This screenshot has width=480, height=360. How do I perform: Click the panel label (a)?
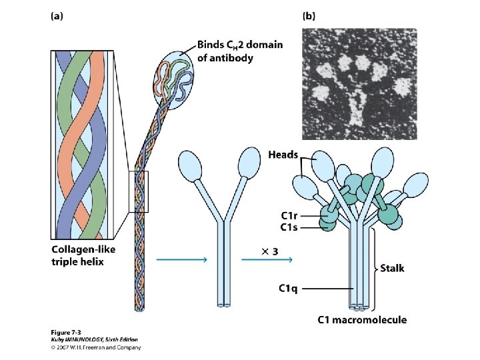[x=59, y=17]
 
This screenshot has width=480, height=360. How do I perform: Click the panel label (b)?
[x=310, y=17]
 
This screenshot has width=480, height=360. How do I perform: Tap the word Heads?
[x=283, y=155]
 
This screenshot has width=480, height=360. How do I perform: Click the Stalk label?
[x=392, y=269]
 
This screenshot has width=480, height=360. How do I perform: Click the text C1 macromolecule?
[x=361, y=320]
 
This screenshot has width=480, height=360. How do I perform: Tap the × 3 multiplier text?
[x=270, y=251]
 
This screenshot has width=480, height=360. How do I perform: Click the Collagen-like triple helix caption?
[x=78, y=255]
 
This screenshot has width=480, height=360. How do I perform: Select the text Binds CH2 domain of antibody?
[x=239, y=51]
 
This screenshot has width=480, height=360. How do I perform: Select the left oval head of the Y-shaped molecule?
[x=189, y=164]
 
